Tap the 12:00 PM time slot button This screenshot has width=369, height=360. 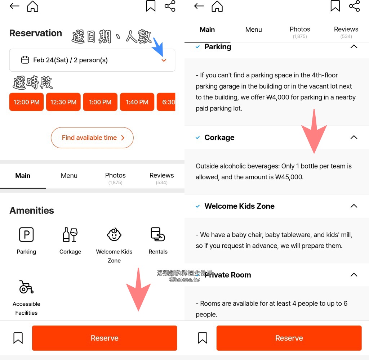click(26, 102)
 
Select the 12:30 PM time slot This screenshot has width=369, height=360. click(63, 102)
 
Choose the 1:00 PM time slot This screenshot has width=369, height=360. click(100, 102)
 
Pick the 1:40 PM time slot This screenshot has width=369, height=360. click(137, 102)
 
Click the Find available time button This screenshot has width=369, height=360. click(92, 138)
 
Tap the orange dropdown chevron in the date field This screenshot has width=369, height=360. click(164, 60)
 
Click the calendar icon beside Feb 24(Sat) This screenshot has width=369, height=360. click(25, 60)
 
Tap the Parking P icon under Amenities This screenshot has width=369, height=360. click(26, 234)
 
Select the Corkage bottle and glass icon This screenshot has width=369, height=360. click(70, 234)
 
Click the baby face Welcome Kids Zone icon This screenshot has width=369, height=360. click(114, 234)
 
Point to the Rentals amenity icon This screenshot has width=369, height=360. click(158, 234)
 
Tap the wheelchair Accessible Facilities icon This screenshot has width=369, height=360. click(26, 287)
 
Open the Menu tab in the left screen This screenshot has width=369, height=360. click(69, 176)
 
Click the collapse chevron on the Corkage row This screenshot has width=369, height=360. click(354, 137)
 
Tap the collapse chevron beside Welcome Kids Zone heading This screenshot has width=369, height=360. click(354, 206)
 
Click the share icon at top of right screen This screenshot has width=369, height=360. click(355, 6)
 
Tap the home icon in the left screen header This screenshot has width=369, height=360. click(33, 6)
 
